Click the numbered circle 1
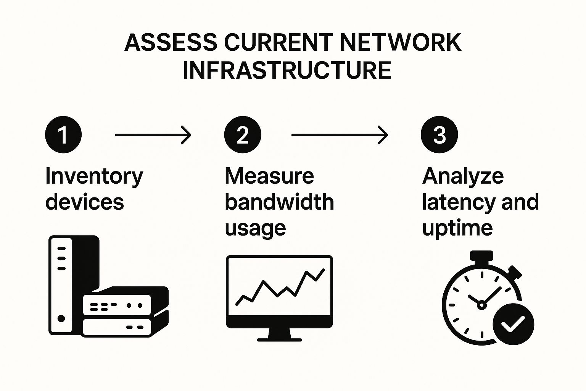coord(63,135)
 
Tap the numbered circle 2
coord(243,135)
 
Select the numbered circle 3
coord(439,135)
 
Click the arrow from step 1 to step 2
coord(153,135)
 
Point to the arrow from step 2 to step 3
coord(340,135)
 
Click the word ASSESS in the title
coord(171,42)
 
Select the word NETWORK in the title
coord(401,42)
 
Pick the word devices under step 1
coord(85,202)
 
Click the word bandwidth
coord(279,202)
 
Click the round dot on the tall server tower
coord(61,318)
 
